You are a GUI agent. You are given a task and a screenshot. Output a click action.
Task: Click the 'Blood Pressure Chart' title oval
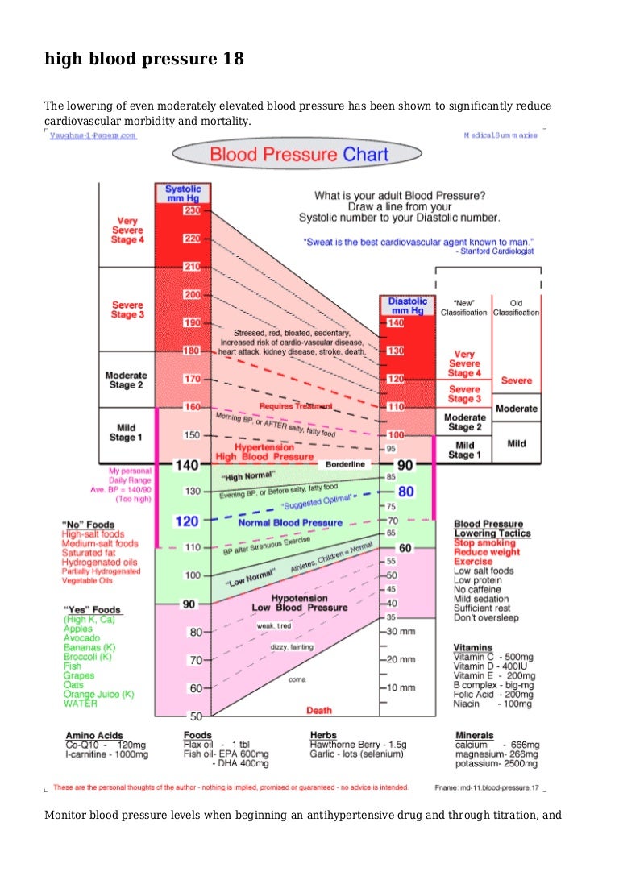tap(298, 154)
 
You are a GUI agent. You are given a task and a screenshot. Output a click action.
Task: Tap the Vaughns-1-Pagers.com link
tap(93, 135)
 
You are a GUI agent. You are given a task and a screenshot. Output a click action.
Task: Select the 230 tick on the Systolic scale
tap(192, 210)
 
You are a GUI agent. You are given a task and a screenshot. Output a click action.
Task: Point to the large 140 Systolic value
tap(186, 464)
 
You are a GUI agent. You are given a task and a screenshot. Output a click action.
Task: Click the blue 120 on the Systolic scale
tap(186, 521)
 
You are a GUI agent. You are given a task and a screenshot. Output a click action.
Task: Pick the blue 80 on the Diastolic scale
tap(405, 491)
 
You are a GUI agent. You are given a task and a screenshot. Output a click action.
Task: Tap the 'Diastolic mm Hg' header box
tap(409, 306)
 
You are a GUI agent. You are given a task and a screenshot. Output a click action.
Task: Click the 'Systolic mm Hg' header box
tap(183, 193)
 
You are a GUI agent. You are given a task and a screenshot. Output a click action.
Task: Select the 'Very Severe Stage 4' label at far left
tap(127, 230)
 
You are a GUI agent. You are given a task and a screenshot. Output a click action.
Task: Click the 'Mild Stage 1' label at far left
tap(126, 433)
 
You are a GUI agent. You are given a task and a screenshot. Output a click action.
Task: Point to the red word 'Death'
tap(319, 710)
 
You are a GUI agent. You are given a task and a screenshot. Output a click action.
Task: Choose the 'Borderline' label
tap(346, 464)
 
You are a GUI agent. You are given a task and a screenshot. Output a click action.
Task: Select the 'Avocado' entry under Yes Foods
tap(81, 637)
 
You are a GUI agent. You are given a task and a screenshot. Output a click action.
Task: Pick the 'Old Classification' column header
tap(516, 307)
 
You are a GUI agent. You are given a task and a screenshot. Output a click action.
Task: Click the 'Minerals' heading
tap(475, 735)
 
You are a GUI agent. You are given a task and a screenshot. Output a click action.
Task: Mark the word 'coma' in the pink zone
tap(297, 679)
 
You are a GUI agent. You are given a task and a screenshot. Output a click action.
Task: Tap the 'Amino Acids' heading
tap(94, 735)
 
